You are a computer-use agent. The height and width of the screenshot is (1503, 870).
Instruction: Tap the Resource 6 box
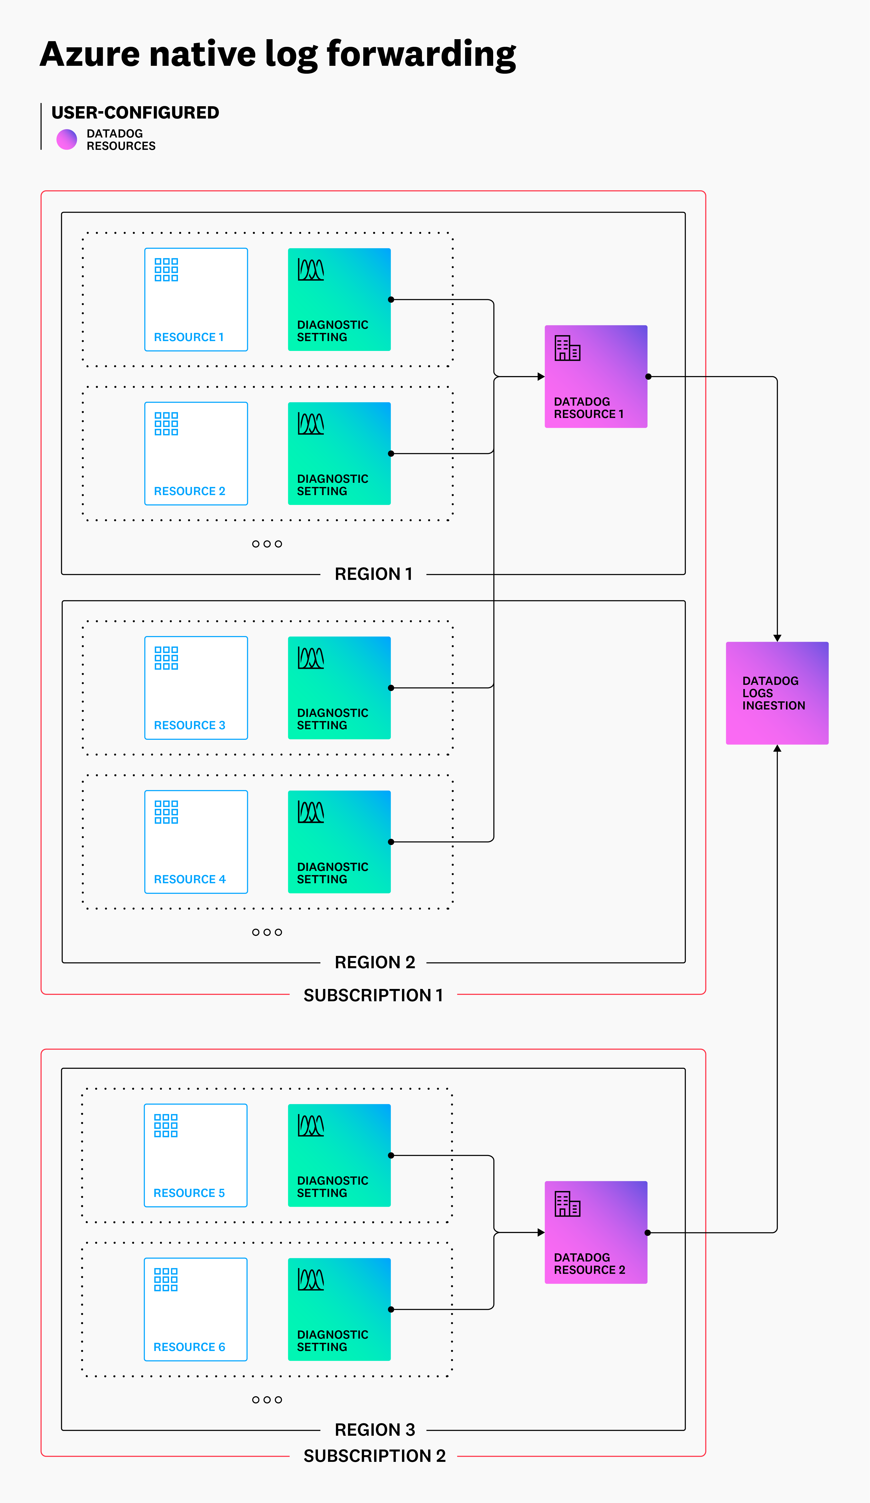coord(196,1309)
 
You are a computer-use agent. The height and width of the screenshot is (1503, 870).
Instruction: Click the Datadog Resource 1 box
coord(596,376)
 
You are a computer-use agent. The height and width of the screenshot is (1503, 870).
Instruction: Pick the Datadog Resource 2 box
coord(596,1232)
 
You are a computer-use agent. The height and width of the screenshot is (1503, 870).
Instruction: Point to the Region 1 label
coord(373,574)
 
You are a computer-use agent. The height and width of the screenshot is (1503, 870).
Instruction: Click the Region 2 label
coord(374,962)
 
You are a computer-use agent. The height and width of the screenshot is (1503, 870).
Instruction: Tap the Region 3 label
coord(374,1430)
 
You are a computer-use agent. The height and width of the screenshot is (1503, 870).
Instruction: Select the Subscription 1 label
coord(373,995)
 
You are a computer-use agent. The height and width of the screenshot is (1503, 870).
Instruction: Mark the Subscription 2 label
coord(374,1456)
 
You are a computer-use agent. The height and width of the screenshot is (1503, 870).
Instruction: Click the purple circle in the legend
coord(67,139)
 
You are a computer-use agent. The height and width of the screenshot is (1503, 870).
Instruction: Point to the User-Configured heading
coord(135,113)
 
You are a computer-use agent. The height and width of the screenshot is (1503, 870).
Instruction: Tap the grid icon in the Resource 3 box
coord(166,658)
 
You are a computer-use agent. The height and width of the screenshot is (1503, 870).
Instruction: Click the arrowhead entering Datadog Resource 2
coord(541,1232)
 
